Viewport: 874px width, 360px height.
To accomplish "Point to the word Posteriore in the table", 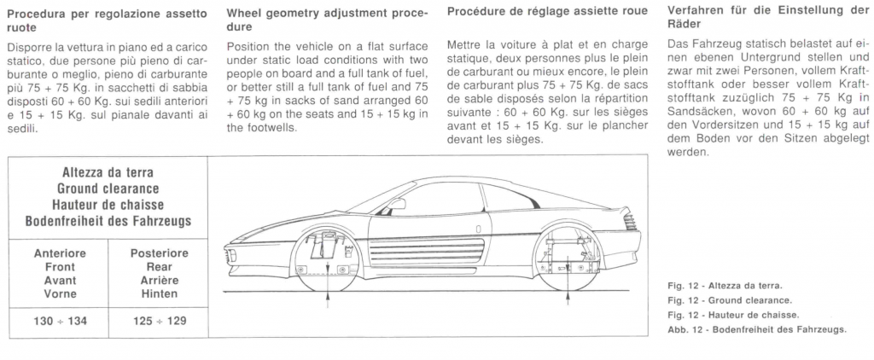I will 160,253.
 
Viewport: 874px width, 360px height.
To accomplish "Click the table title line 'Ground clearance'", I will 108,189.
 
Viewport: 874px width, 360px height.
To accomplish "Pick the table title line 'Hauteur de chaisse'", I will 108,205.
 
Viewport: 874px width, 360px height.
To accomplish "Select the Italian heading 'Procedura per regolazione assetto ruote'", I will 108,20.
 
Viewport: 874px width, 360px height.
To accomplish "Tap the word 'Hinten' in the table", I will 160,293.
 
